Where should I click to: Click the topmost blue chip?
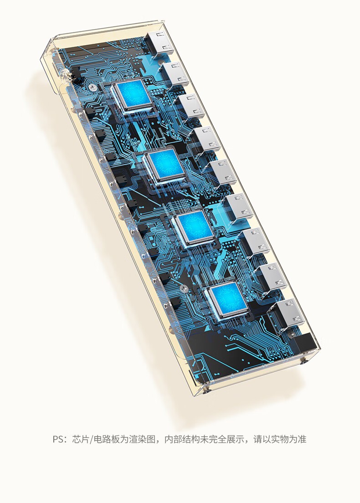click(x=132, y=96)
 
